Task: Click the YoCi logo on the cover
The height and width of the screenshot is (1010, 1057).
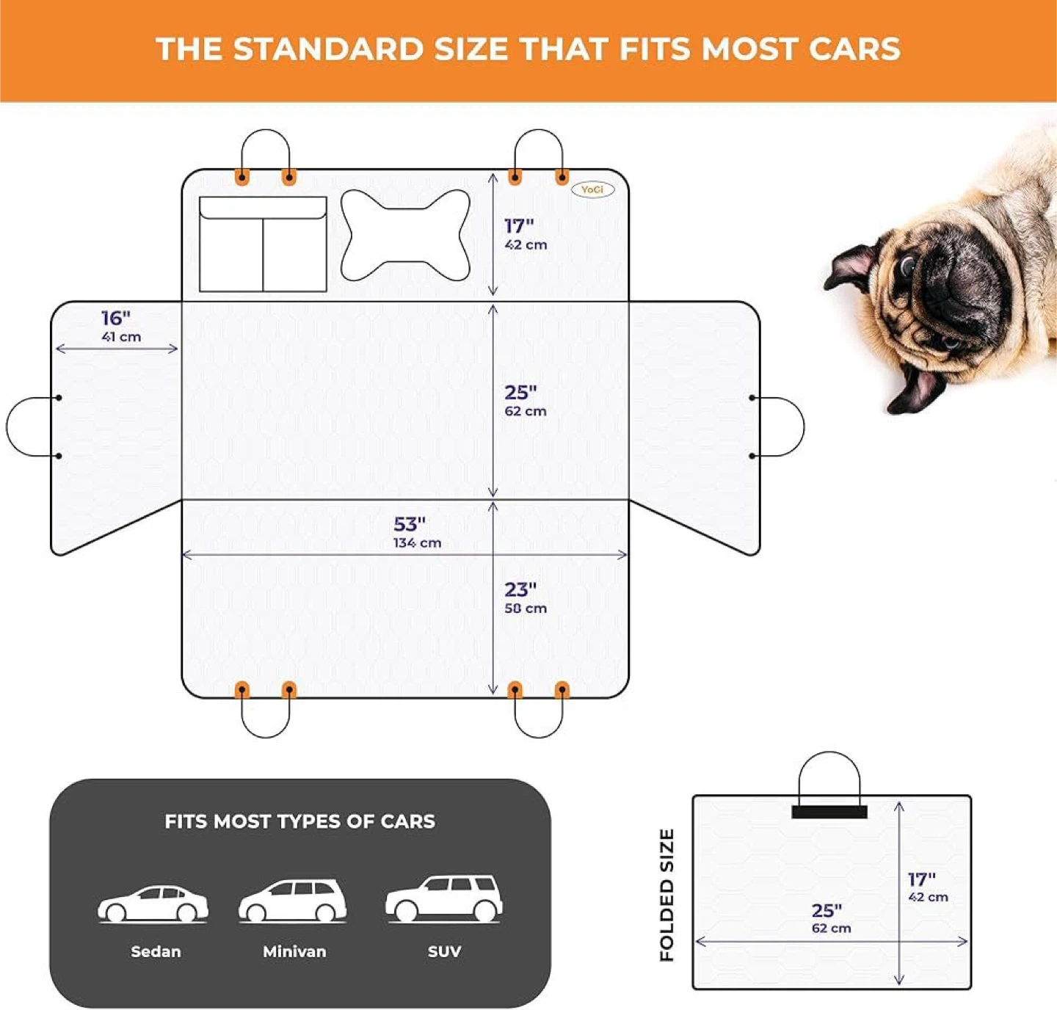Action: [x=592, y=189]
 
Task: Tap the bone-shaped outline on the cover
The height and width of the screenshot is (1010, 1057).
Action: [x=405, y=235]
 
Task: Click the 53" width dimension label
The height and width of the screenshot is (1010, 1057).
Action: [x=410, y=524]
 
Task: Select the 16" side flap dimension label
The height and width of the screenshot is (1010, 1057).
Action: [x=116, y=318]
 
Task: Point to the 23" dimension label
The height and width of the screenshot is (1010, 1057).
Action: [x=520, y=589]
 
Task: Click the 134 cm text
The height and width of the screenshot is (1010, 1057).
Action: [x=417, y=542]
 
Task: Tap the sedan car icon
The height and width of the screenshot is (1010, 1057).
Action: [x=153, y=904]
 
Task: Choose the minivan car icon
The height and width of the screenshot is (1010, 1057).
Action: [x=292, y=901]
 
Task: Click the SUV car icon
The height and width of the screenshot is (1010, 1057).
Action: [x=444, y=898]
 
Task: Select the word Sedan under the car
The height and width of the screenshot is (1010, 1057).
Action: [x=156, y=951]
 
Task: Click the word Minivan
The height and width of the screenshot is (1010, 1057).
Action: [x=294, y=951]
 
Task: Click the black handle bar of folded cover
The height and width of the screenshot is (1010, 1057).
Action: [x=829, y=812]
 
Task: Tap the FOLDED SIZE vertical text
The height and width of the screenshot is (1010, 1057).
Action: [x=666, y=895]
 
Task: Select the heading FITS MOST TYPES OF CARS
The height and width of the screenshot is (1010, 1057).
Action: [x=299, y=821]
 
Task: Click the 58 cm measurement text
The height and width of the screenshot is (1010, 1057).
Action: [x=526, y=608]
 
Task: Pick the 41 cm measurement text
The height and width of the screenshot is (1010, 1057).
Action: [x=121, y=337]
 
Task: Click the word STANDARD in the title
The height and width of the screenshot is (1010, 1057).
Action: [x=329, y=49]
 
